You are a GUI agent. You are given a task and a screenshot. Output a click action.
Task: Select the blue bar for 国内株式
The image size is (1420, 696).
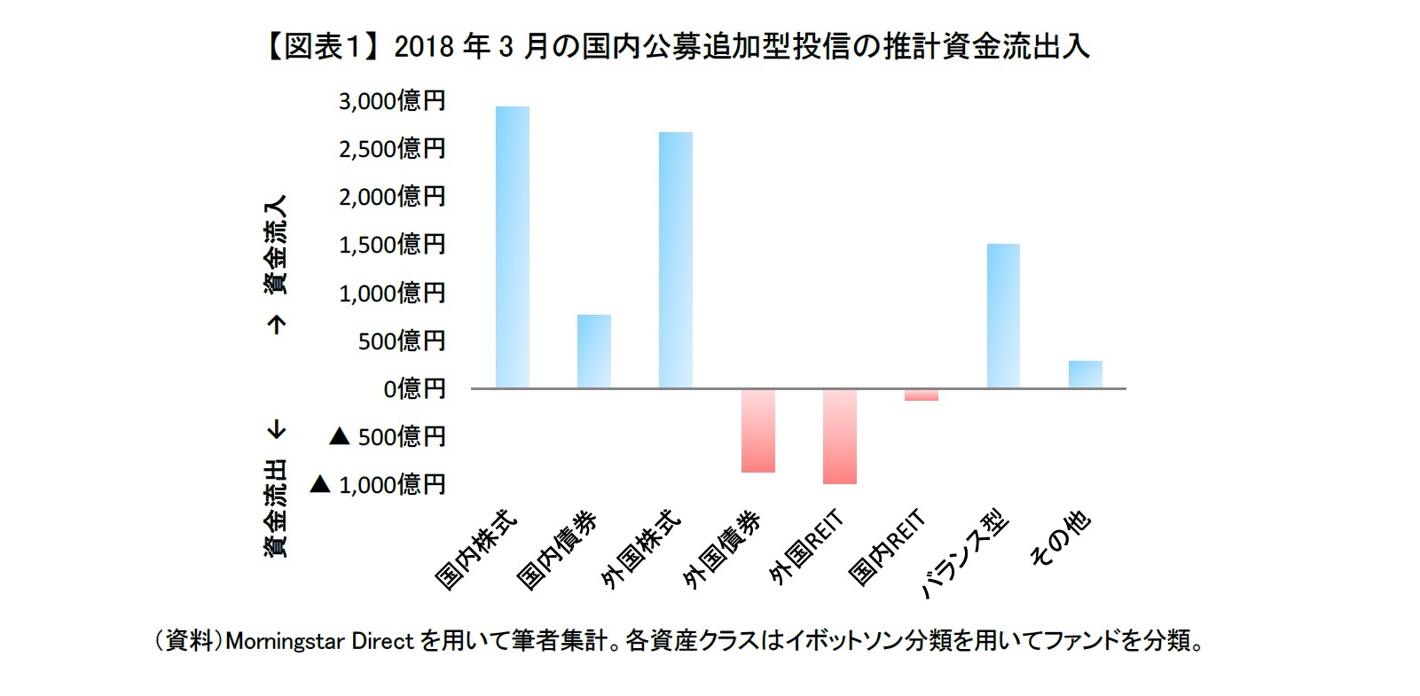click(513, 247)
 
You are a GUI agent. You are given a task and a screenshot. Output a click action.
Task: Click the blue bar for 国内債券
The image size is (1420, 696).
click(594, 351)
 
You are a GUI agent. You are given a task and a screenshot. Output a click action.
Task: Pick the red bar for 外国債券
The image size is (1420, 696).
click(758, 430)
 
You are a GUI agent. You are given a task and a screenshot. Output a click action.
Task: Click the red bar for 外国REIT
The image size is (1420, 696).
click(840, 436)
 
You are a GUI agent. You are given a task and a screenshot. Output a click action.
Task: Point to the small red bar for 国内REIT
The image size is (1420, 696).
click(922, 395)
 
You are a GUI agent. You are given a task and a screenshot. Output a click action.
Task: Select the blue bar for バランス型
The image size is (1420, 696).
click(1003, 316)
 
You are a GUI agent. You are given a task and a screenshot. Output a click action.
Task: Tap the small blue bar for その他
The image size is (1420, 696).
click(1085, 374)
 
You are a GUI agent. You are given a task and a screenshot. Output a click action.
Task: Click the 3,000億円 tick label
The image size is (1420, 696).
click(391, 101)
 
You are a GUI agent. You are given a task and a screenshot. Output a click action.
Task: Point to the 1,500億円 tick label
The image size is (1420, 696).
click(391, 245)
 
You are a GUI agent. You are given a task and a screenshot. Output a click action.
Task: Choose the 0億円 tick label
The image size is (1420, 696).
click(414, 389)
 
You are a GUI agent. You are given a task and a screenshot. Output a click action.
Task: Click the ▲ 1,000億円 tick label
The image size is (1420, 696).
click(378, 485)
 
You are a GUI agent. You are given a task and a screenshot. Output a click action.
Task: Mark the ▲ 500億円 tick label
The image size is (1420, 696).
click(388, 437)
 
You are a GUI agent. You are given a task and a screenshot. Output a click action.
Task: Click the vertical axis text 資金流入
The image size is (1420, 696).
click(277, 246)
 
